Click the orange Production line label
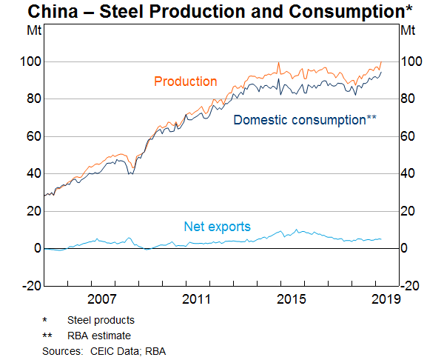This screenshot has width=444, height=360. coord(185,81)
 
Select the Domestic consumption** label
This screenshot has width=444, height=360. coord(305,119)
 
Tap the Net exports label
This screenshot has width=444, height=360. coord(217,227)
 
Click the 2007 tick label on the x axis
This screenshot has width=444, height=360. coord(101,299)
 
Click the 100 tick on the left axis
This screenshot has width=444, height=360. coord(30,61)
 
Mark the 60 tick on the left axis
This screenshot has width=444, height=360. coord(33,136)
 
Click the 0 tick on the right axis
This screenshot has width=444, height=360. coord(406,249)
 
